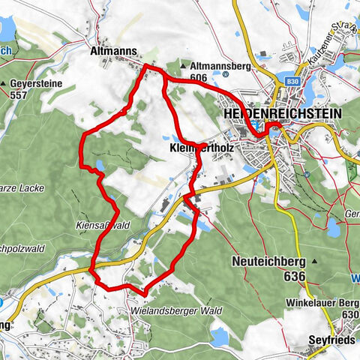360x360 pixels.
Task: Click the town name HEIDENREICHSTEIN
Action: [282, 112]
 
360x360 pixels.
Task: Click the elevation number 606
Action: [199, 76]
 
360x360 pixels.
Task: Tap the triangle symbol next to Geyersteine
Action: [4, 83]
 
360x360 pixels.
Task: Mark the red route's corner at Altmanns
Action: [145, 67]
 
